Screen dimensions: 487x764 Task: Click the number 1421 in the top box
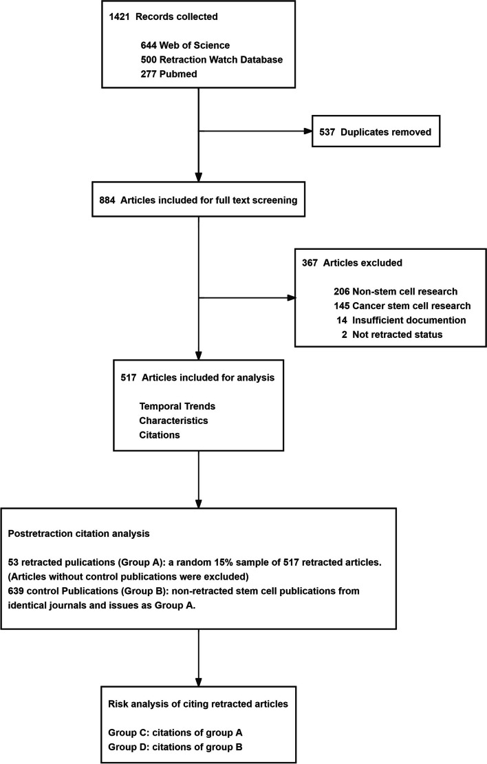[x=120, y=17]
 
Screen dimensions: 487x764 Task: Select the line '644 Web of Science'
[x=185, y=45]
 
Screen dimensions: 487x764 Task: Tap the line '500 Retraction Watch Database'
[x=212, y=59]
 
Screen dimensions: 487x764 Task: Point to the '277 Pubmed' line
[x=169, y=74]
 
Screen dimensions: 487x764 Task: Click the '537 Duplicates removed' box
[x=376, y=131]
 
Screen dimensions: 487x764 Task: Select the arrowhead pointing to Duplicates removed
[x=307, y=131]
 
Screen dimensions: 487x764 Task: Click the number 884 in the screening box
[x=107, y=200]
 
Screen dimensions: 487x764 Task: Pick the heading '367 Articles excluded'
[x=352, y=263]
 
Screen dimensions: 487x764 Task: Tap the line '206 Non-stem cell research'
[x=396, y=291]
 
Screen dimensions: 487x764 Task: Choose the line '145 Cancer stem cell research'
[x=402, y=306]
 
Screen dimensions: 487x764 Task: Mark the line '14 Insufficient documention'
[x=401, y=320]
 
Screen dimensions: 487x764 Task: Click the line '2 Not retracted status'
[x=392, y=335]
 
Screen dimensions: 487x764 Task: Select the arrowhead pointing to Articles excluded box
[x=291, y=298]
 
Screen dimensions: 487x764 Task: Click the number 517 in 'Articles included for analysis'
[x=129, y=378]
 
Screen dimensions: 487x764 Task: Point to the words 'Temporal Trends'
[x=177, y=406]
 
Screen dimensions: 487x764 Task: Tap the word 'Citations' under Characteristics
[x=160, y=435]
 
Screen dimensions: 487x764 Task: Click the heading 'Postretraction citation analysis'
[x=79, y=533]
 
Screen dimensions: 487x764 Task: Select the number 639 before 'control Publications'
[x=16, y=591]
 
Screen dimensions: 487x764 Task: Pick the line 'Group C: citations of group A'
[x=175, y=732]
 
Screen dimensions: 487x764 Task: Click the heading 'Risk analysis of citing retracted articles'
[x=197, y=704]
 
